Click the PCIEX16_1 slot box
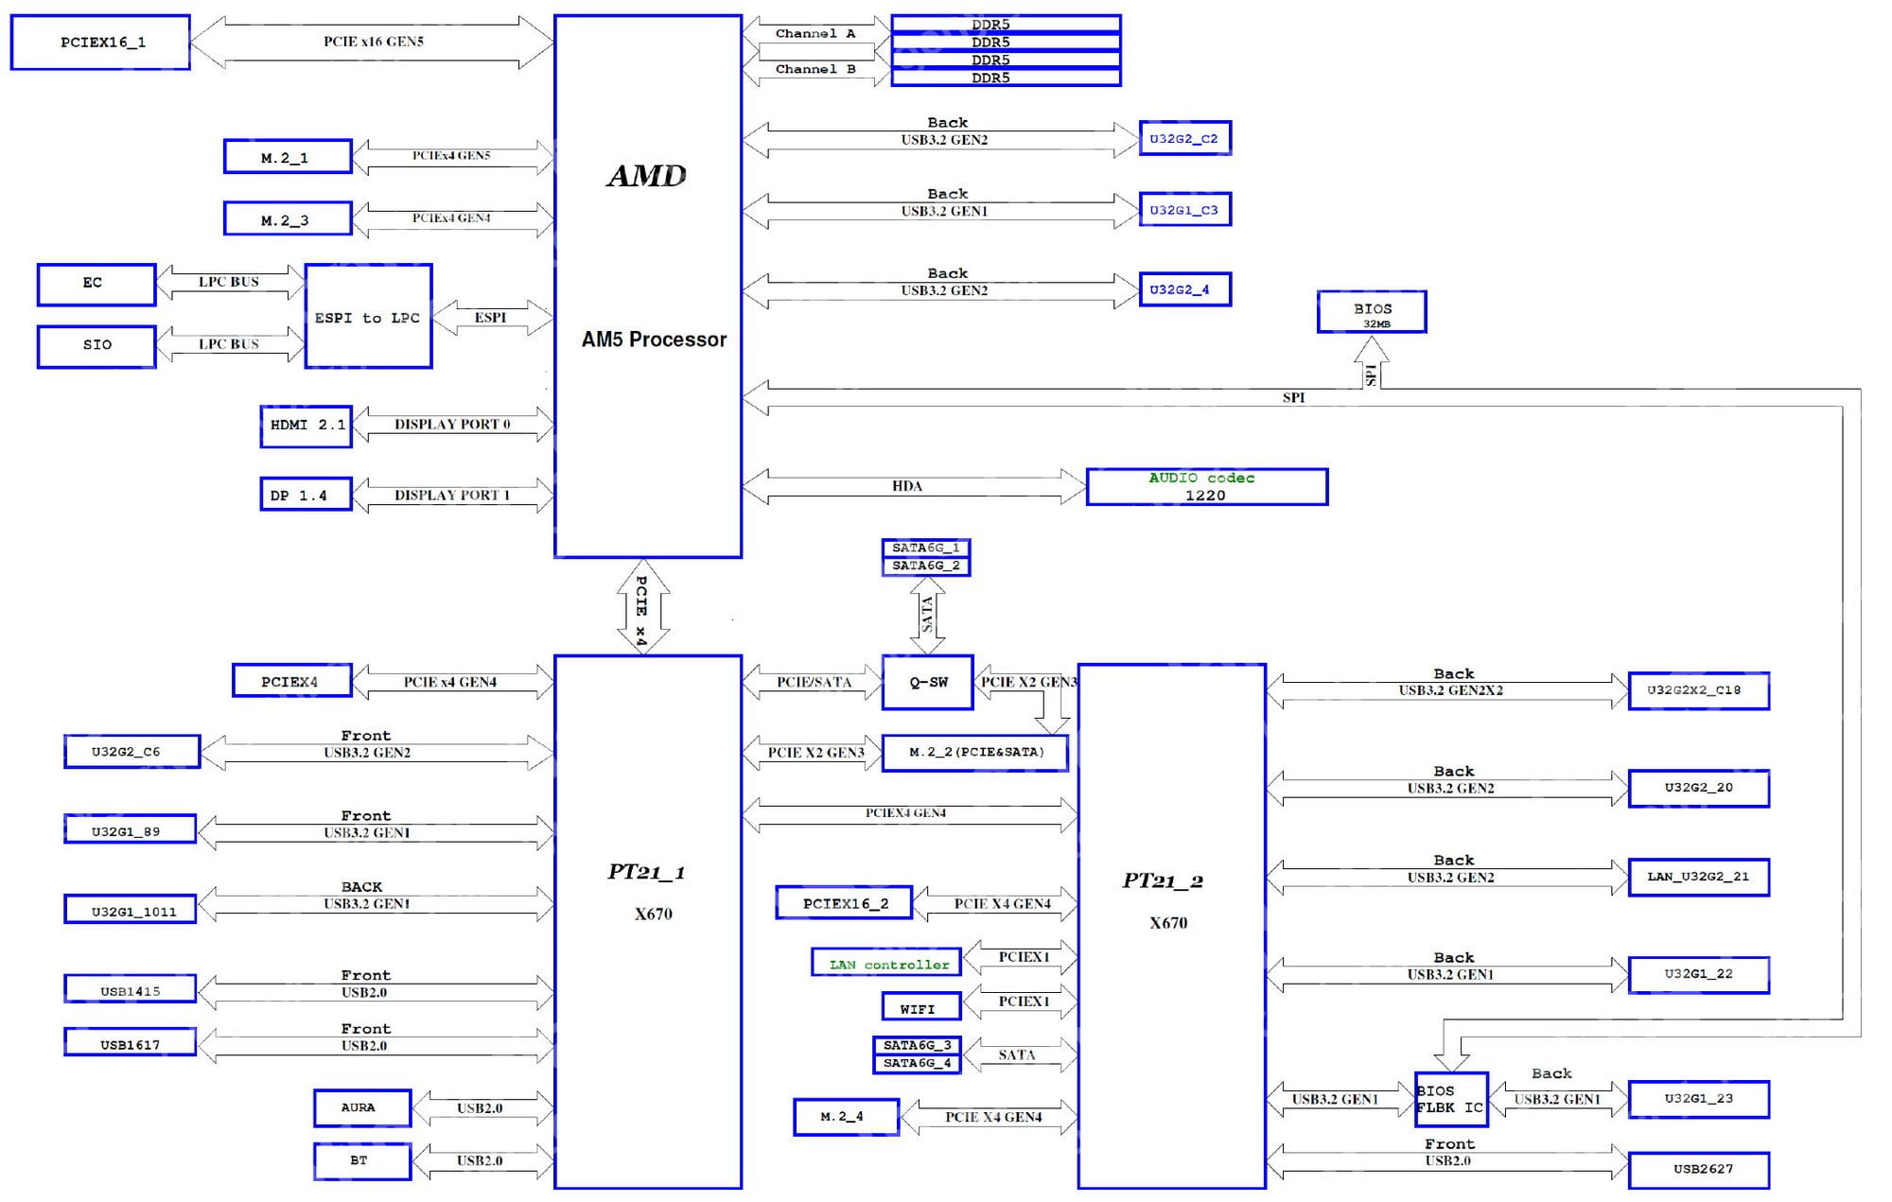[100, 43]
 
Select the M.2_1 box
[288, 157]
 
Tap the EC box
[96, 284]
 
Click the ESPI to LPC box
[368, 316]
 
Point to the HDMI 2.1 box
[306, 426]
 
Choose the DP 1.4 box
[306, 495]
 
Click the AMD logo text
[647, 176]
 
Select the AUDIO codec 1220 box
[1206, 486]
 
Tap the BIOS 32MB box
[1372, 312]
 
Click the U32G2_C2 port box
[1184, 138]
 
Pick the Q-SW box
[927, 682]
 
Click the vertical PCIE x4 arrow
[643, 606]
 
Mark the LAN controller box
[886, 963]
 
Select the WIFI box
[920, 1006]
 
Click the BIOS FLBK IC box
[1451, 1099]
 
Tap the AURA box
[362, 1107]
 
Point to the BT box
[362, 1160]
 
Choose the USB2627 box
[1699, 1170]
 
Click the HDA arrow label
[907, 486]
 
